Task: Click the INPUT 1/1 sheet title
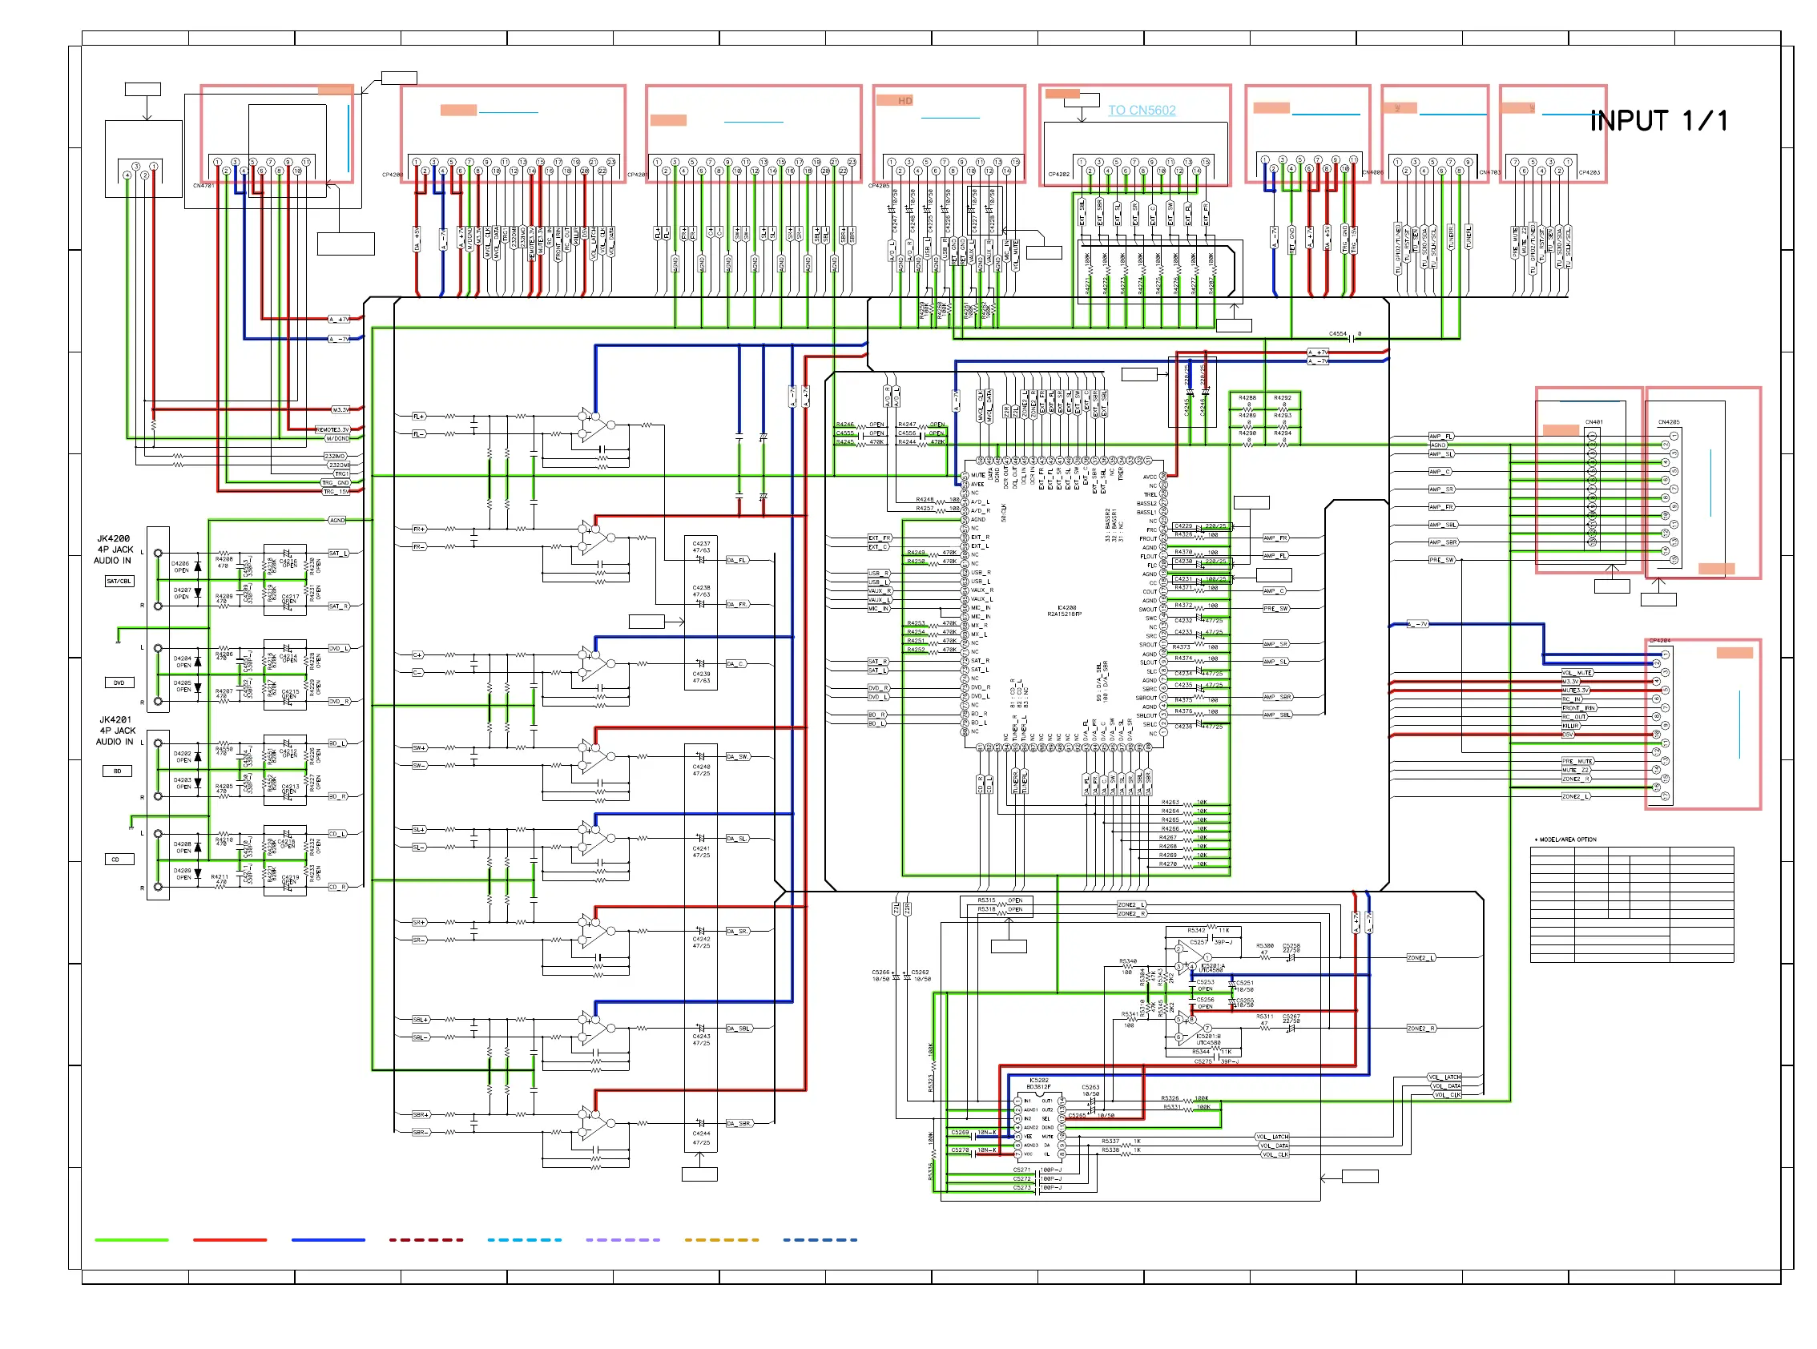click(1658, 121)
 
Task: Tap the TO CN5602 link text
click(1142, 111)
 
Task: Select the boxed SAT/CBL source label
click(119, 582)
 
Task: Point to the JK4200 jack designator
click(114, 539)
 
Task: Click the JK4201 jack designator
click(115, 720)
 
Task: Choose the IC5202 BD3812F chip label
click(1038, 1084)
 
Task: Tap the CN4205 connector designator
click(1668, 422)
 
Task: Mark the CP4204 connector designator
click(1659, 641)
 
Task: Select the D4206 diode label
click(180, 563)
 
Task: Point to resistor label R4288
click(1247, 397)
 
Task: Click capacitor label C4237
click(702, 543)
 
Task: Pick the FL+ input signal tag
click(418, 417)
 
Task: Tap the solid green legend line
click(131, 1239)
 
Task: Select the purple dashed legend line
click(622, 1239)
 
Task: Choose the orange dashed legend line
click(721, 1239)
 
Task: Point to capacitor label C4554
click(1337, 334)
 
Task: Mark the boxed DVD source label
click(119, 683)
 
